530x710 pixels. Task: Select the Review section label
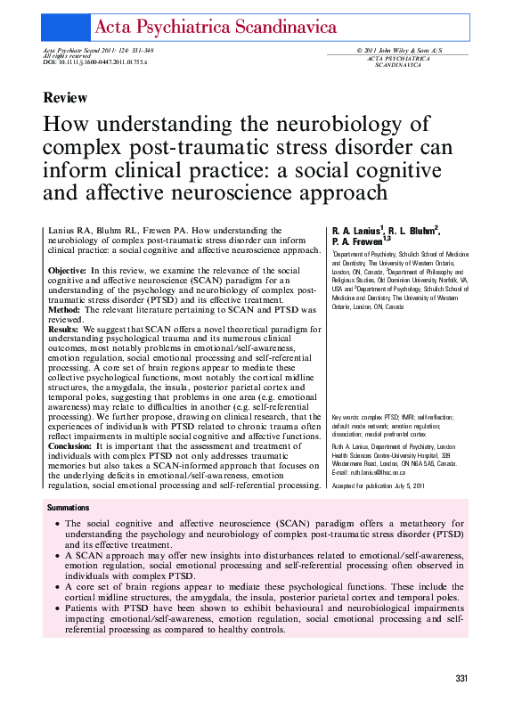click(65, 98)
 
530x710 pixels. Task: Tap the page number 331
click(461, 679)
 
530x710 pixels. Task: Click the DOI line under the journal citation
click(94, 63)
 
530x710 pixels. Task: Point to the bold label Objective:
click(66, 270)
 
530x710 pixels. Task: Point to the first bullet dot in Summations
click(58, 524)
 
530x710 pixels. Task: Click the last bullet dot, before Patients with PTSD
click(58, 609)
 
